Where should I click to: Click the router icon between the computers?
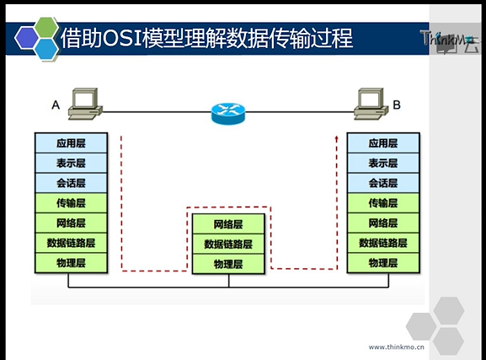click(228, 113)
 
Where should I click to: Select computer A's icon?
click(85, 104)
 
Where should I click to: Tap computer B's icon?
click(371, 104)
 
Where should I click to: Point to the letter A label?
click(56, 105)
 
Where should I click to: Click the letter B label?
click(397, 105)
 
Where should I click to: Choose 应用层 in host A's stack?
click(71, 143)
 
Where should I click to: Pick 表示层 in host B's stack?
click(383, 163)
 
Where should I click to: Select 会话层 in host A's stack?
click(71, 183)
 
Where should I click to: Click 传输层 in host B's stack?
click(383, 203)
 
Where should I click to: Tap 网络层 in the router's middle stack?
click(228, 224)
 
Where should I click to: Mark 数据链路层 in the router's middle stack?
click(228, 244)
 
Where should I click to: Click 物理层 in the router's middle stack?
click(228, 264)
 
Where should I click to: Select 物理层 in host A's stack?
click(71, 263)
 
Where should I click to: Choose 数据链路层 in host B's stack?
click(383, 243)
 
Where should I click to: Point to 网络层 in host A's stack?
click(71, 223)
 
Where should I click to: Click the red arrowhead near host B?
click(337, 138)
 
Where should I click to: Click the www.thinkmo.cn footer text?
click(396, 347)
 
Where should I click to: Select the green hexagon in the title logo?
click(45, 27)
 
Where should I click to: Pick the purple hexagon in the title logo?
click(27, 38)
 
